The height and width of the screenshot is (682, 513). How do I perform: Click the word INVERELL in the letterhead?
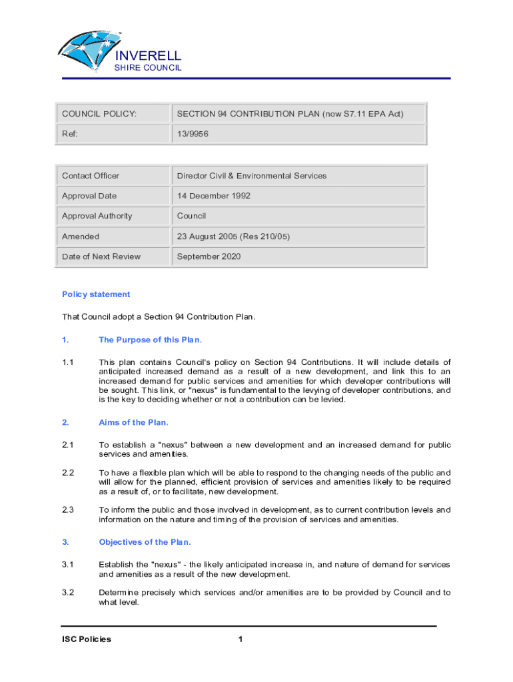point(149,55)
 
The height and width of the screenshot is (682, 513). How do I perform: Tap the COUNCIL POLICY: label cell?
point(99,114)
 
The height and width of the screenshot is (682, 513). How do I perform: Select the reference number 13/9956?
point(193,134)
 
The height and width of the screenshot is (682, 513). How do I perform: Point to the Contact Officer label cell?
point(91,176)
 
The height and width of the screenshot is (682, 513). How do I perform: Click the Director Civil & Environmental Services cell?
point(252,176)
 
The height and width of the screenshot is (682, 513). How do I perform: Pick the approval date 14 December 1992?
point(214,196)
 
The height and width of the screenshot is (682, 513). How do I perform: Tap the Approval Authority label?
point(97,216)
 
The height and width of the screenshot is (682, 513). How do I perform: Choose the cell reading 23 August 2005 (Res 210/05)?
point(233,236)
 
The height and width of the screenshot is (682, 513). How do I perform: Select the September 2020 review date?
point(209,256)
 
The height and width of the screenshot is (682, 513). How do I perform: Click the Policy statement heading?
point(96,294)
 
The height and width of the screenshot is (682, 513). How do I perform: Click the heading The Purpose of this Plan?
point(150,340)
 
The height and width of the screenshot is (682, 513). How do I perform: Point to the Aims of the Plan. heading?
point(133,422)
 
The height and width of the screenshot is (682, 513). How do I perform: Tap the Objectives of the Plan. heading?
point(145,541)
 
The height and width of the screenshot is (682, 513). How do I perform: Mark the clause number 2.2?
point(67,472)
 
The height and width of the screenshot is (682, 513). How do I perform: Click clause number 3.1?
point(67,564)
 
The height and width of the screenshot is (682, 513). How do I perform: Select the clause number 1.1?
point(67,362)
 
